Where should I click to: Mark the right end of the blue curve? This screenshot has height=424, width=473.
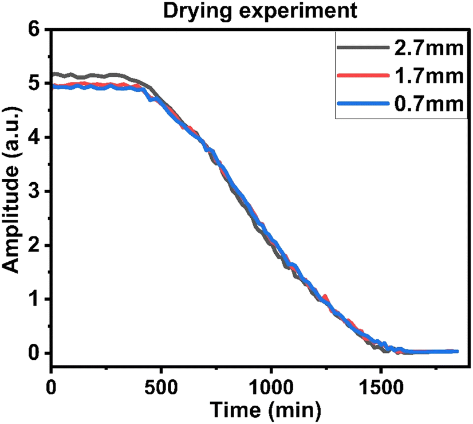[x=457, y=351]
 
